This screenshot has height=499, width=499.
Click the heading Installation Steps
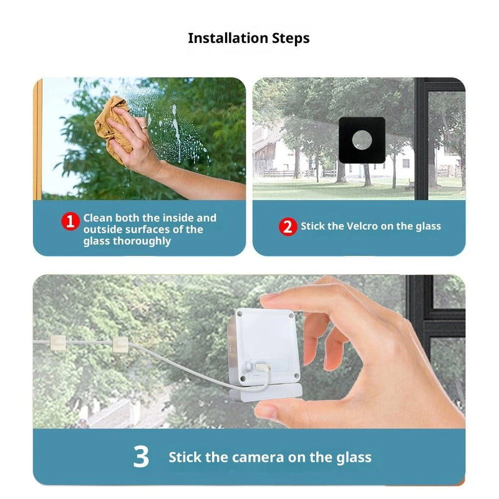point(249,38)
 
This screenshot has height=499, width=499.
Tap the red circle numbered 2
point(287,226)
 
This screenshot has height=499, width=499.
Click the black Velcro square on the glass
point(362,140)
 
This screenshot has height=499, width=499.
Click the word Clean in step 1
point(97,218)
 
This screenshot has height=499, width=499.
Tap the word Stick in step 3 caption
point(185,457)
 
